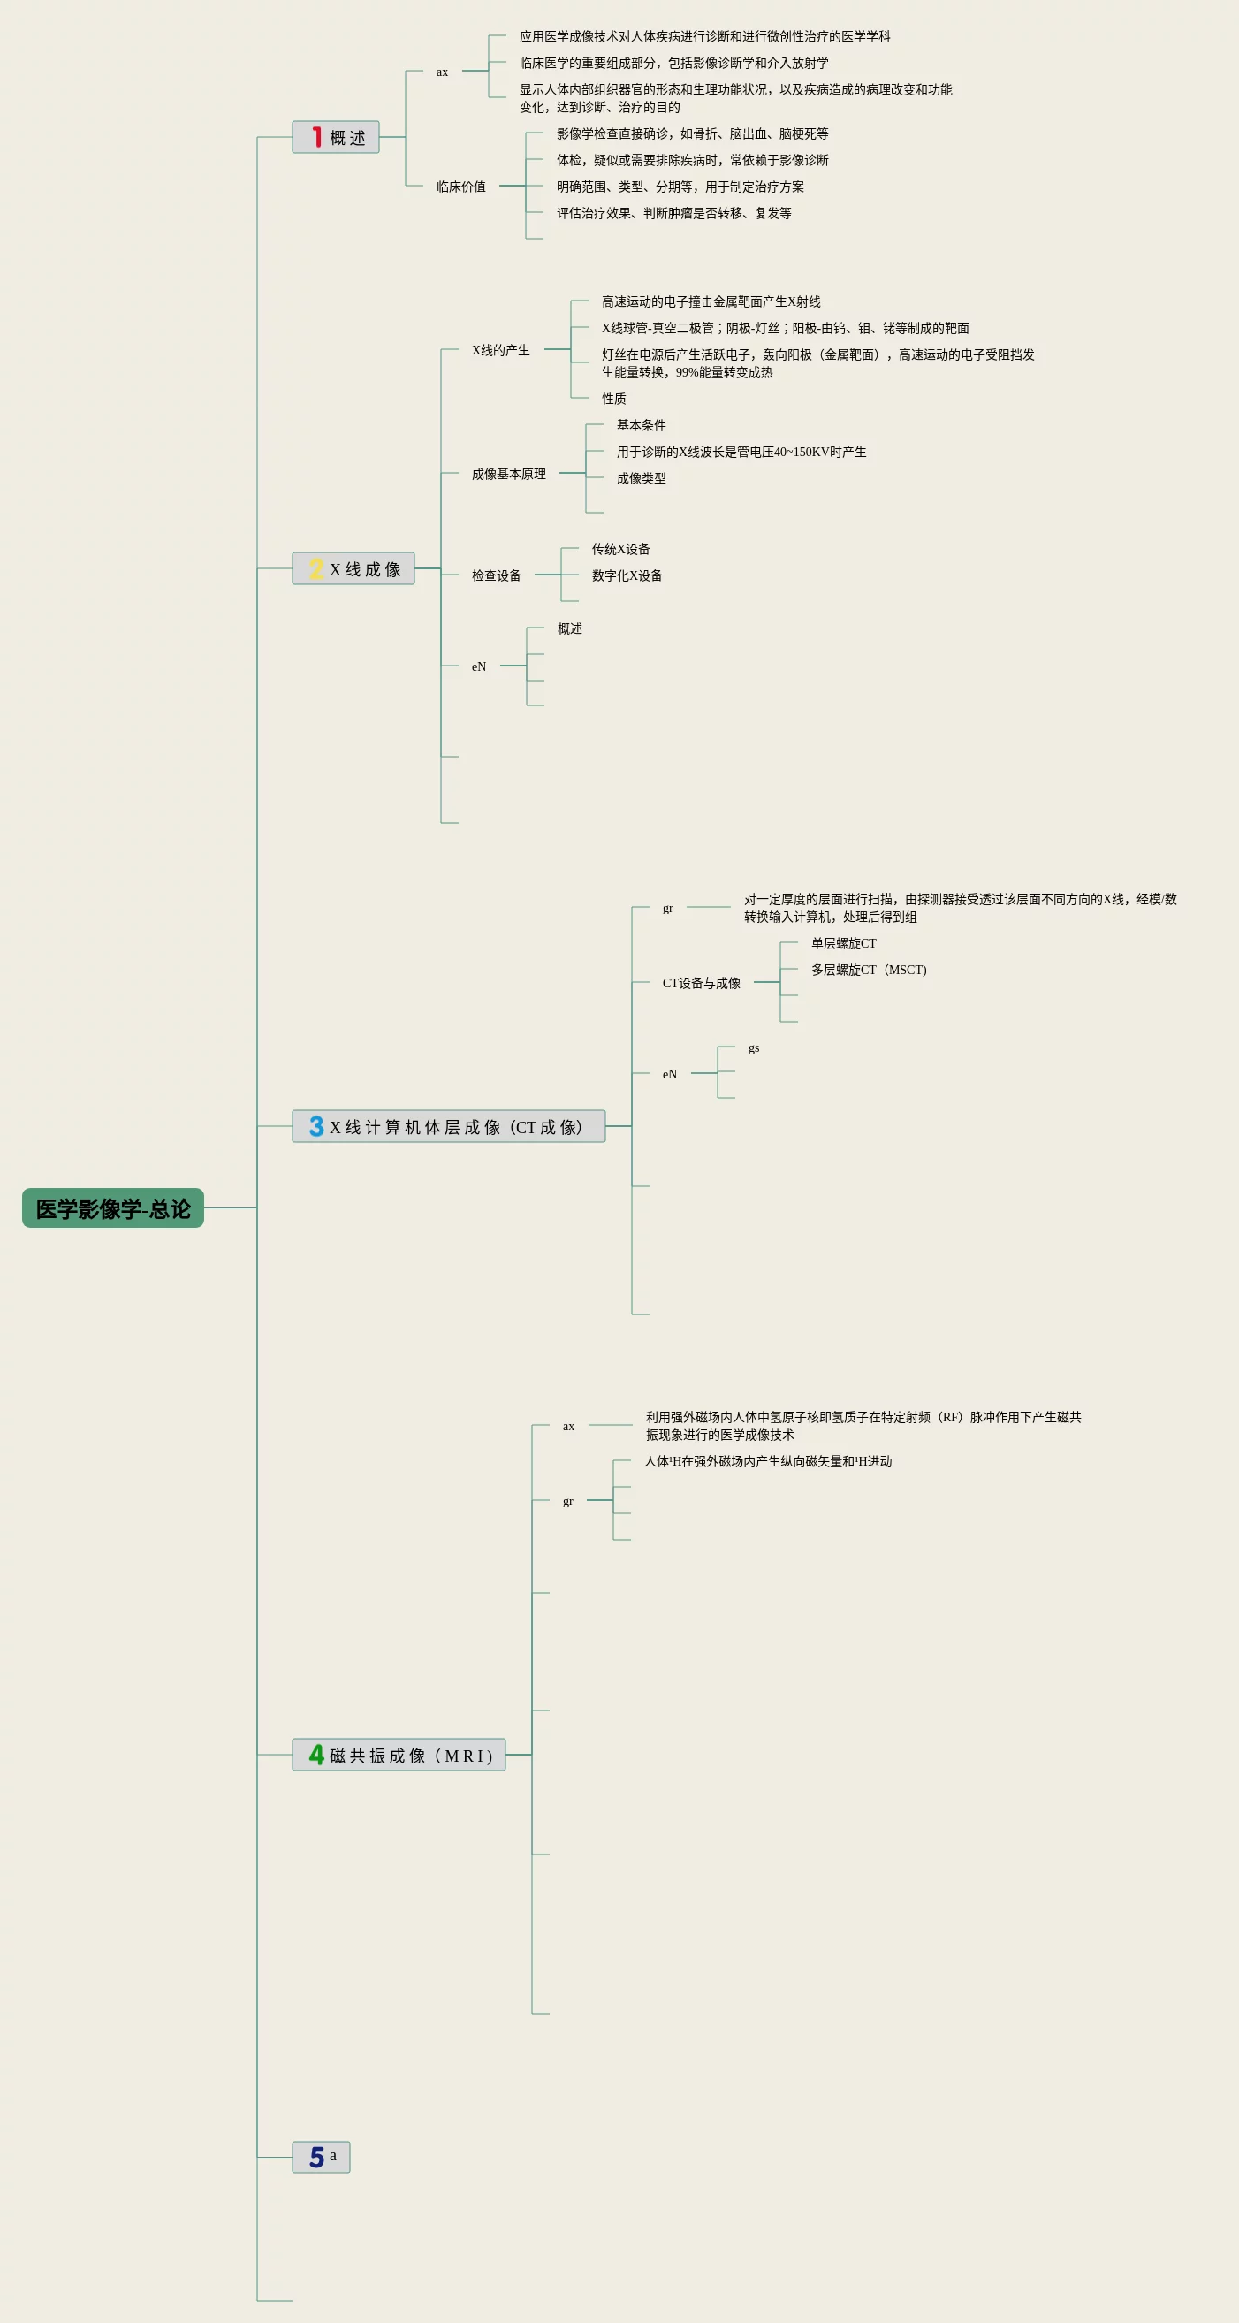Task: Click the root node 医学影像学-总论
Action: click(113, 1207)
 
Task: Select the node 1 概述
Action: click(336, 137)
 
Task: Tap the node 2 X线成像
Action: click(353, 568)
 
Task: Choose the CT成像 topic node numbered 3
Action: click(448, 1125)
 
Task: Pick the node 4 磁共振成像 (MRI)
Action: click(399, 1754)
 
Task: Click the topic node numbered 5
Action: click(321, 2156)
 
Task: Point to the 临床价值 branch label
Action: click(460, 187)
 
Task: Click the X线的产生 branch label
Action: click(500, 350)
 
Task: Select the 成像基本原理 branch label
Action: click(508, 474)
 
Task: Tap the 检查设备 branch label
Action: click(496, 575)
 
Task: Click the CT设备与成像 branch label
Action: click(702, 983)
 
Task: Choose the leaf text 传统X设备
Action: click(620, 549)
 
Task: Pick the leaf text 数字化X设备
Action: click(627, 575)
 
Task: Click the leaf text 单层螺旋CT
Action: click(843, 943)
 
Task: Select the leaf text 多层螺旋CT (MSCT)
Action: click(869, 970)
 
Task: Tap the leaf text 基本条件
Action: click(641, 425)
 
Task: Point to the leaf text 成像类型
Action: click(641, 478)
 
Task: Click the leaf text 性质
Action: click(614, 399)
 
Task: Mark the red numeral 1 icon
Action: click(316, 136)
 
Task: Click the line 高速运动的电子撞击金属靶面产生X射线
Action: click(711, 301)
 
